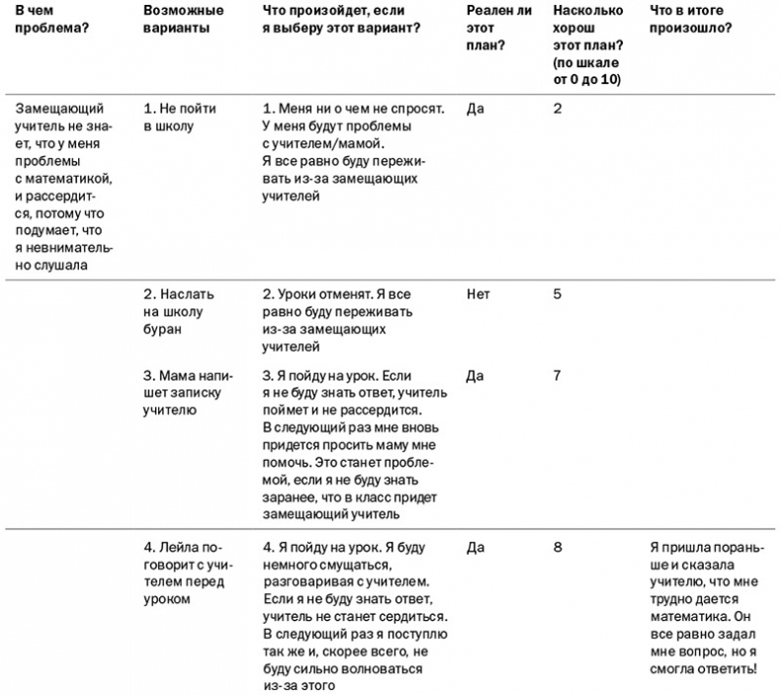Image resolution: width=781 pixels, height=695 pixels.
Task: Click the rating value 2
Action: (558, 109)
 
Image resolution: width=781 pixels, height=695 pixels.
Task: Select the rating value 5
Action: (558, 295)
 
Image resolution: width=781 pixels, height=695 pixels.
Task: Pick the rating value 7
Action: (558, 376)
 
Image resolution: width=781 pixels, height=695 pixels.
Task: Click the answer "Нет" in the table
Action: (477, 295)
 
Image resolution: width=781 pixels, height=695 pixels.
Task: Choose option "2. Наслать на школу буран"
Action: (178, 311)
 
